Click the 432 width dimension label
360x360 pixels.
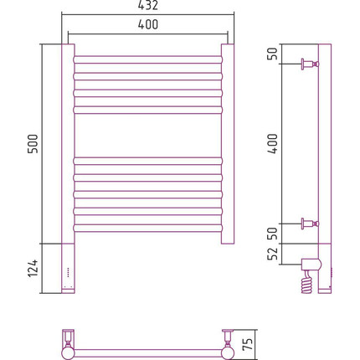coord(148,5)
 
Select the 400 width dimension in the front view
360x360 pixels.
coord(148,24)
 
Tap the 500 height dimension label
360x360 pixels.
coord(33,144)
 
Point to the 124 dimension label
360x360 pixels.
coord(33,268)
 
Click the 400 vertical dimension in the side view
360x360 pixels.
coord(273,144)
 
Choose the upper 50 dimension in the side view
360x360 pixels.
coord(273,54)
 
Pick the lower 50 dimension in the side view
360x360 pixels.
coord(273,234)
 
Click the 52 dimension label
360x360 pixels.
coord(273,254)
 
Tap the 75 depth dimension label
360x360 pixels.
coord(248,344)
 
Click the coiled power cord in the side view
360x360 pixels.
coord(306,282)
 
